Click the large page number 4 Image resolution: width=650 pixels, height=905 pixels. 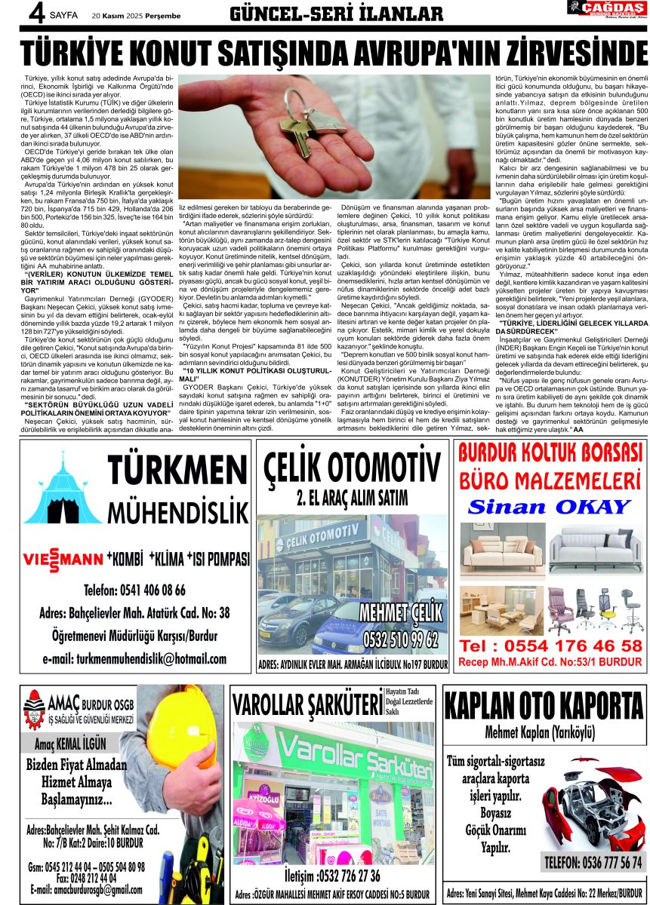point(14,14)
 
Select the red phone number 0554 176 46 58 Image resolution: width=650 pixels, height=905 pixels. point(551,646)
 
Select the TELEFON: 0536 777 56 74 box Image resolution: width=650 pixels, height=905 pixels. point(594,862)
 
